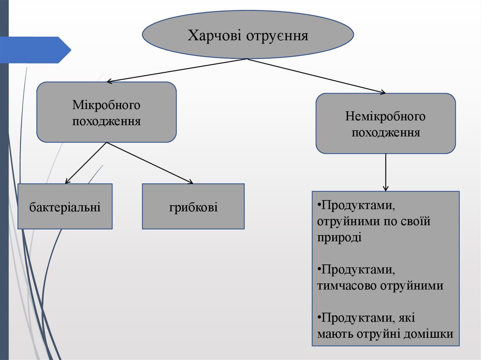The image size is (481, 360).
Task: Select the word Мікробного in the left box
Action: coord(107,105)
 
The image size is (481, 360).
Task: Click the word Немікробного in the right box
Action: coord(385,116)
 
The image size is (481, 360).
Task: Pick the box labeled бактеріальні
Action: coord(65,207)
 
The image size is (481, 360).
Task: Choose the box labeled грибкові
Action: coord(193,207)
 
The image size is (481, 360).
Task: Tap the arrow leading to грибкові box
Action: coord(150,162)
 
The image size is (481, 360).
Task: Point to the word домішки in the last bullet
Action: coord(430,334)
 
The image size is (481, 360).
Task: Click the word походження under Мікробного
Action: coord(107,121)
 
